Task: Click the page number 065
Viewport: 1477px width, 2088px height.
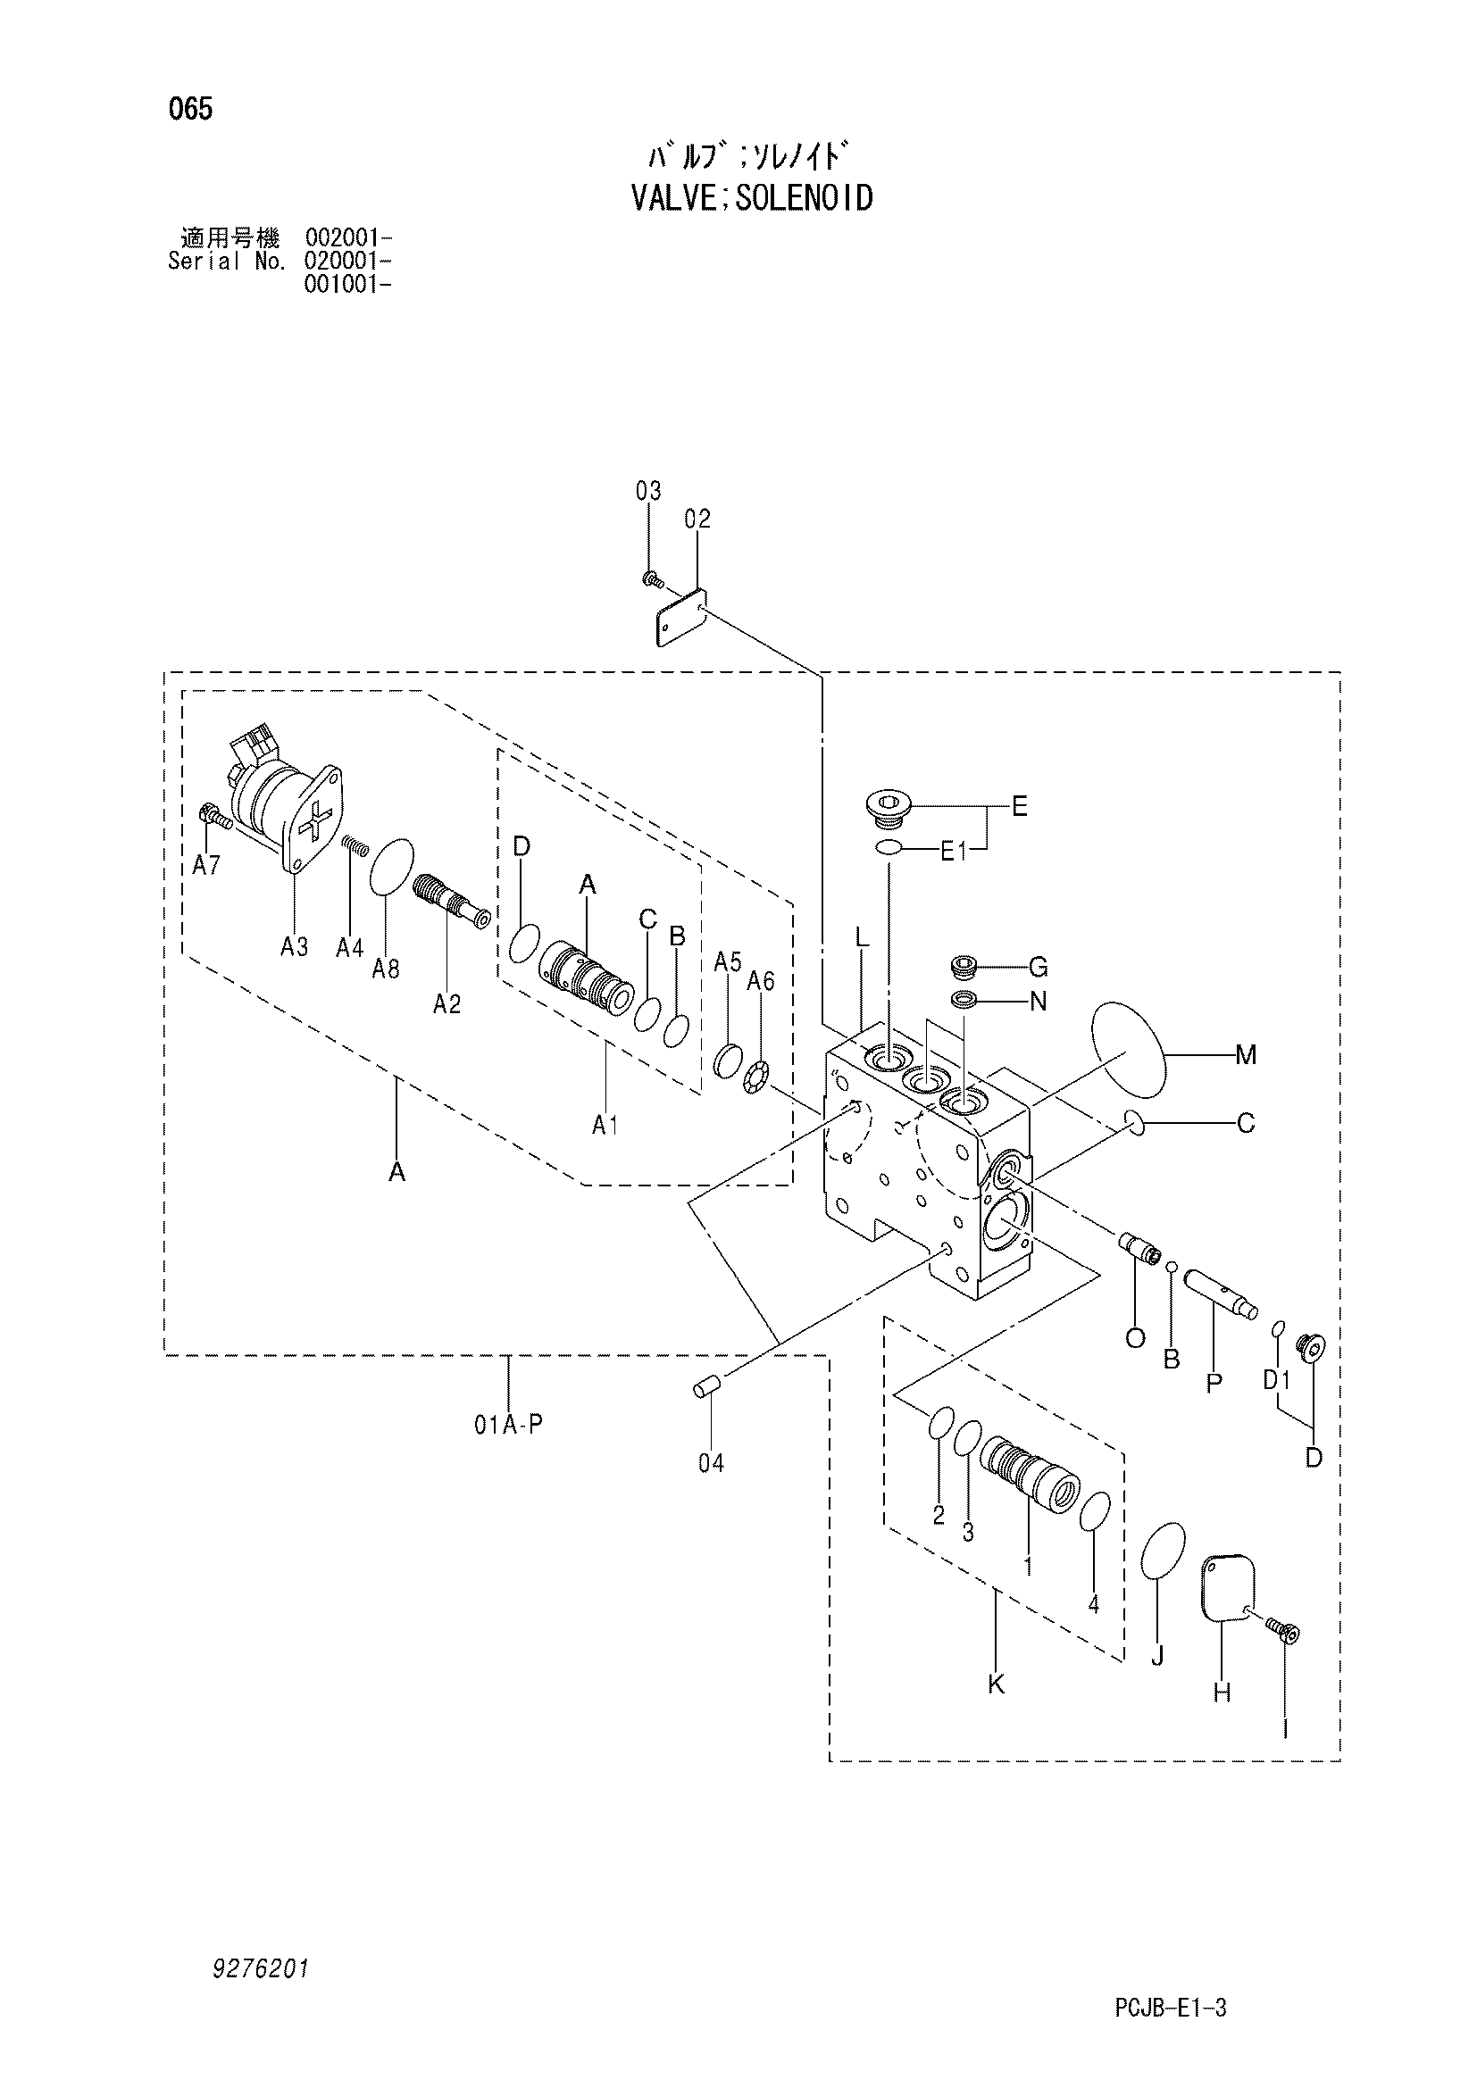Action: click(x=190, y=110)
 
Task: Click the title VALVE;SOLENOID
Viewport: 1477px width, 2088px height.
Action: click(x=752, y=197)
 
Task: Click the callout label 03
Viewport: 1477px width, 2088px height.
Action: click(x=648, y=492)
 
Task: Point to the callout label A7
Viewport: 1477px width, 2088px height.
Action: click(x=206, y=866)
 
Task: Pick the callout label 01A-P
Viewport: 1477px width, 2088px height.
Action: click(x=507, y=1425)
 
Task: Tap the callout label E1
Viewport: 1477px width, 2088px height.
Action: click(x=953, y=853)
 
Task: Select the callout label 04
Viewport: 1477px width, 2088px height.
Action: click(x=711, y=1463)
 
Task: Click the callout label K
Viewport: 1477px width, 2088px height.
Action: click(x=996, y=1685)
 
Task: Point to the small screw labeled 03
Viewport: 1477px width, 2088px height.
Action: click(x=650, y=578)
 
